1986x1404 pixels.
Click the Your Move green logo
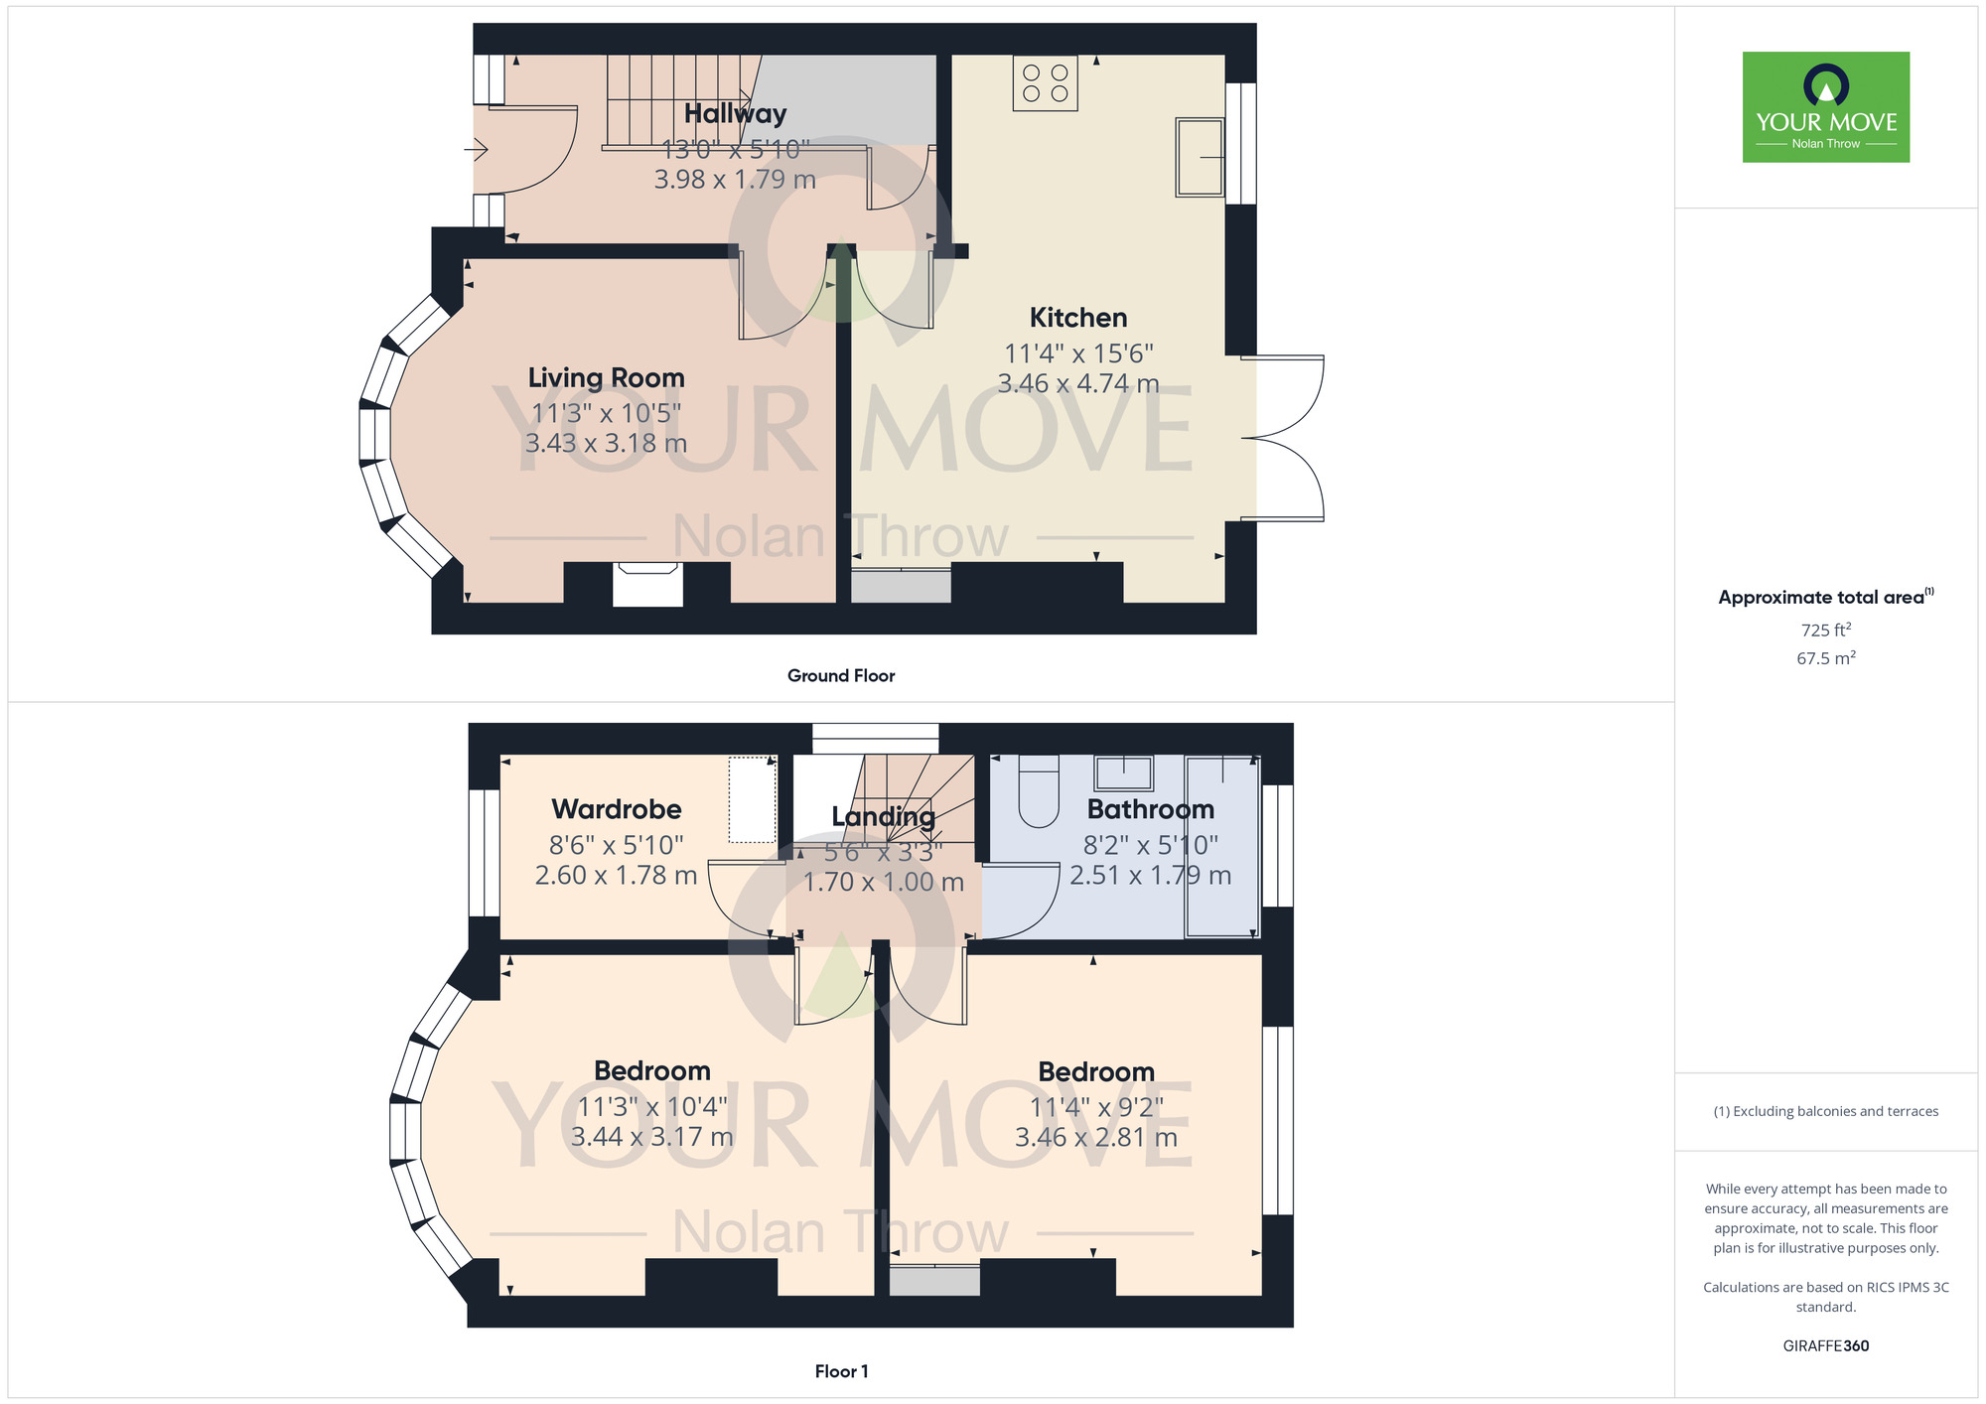click(x=1825, y=107)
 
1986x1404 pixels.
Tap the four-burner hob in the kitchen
click(x=1046, y=83)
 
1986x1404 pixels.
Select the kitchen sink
click(x=1200, y=157)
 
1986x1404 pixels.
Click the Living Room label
click(x=607, y=377)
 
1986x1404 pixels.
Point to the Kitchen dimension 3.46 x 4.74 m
click(x=1078, y=383)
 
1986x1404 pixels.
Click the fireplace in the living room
click(x=647, y=584)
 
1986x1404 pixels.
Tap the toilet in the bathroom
click(x=1039, y=791)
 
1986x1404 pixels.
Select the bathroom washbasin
click(x=1123, y=772)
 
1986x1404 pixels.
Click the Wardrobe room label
click(x=617, y=809)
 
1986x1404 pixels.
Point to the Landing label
click(x=884, y=817)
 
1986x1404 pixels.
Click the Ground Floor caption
click(x=841, y=675)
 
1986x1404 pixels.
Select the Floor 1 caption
click(x=841, y=1371)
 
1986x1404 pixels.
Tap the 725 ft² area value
click(x=1826, y=630)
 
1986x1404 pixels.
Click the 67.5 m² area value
click(x=1826, y=657)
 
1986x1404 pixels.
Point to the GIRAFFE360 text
click(x=1826, y=1346)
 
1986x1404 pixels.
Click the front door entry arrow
click(x=476, y=150)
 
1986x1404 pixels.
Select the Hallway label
click(x=736, y=114)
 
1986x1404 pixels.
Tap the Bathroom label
click(x=1151, y=809)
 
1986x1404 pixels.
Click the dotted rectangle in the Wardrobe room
click(x=753, y=800)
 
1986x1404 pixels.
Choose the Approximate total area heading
click(x=1826, y=597)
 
